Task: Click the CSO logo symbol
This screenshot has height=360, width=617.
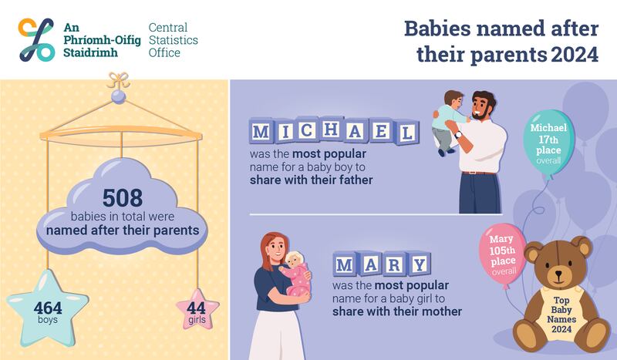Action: (x=36, y=39)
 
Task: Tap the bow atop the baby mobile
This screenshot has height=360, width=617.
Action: (x=118, y=79)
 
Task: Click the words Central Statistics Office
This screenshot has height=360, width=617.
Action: (x=174, y=39)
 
